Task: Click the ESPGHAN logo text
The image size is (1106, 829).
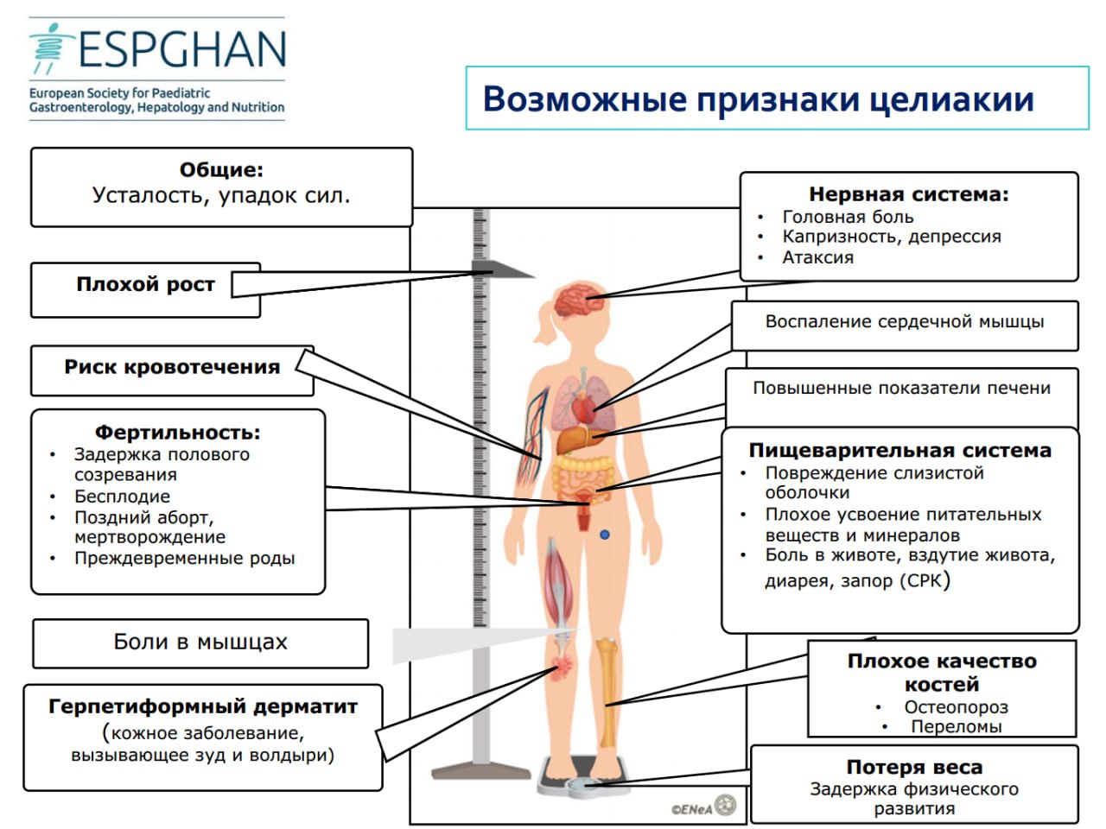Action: click(x=182, y=49)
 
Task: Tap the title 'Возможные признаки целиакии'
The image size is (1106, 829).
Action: click(x=759, y=99)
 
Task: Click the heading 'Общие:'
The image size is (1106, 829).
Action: click(x=222, y=169)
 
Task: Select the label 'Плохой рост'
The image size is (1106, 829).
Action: click(x=146, y=284)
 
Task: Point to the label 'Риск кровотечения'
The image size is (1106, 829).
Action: click(x=172, y=367)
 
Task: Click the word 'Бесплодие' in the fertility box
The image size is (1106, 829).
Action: click(x=123, y=497)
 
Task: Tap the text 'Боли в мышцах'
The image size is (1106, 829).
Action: click(x=200, y=642)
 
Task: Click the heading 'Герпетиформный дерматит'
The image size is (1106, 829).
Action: click(x=203, y=706)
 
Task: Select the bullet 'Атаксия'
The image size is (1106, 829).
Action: click(x=817, y=257)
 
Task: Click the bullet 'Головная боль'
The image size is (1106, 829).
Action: click(x=848, y=217)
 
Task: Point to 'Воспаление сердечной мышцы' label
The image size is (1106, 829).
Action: click(x=905, y=321)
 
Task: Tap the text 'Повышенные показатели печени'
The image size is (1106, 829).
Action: click(x=901, y=388)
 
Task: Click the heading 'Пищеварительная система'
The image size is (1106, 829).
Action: click(x=899, y=451)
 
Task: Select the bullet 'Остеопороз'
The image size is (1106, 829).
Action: click(x=956, y=707)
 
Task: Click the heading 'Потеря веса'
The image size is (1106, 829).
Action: click(x=914, y=768)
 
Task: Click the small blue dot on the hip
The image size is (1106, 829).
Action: click(x=605, y=535)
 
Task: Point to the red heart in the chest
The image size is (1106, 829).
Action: click(x=584, y=409)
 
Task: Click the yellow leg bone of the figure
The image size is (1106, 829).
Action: click(x=607, y=692)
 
